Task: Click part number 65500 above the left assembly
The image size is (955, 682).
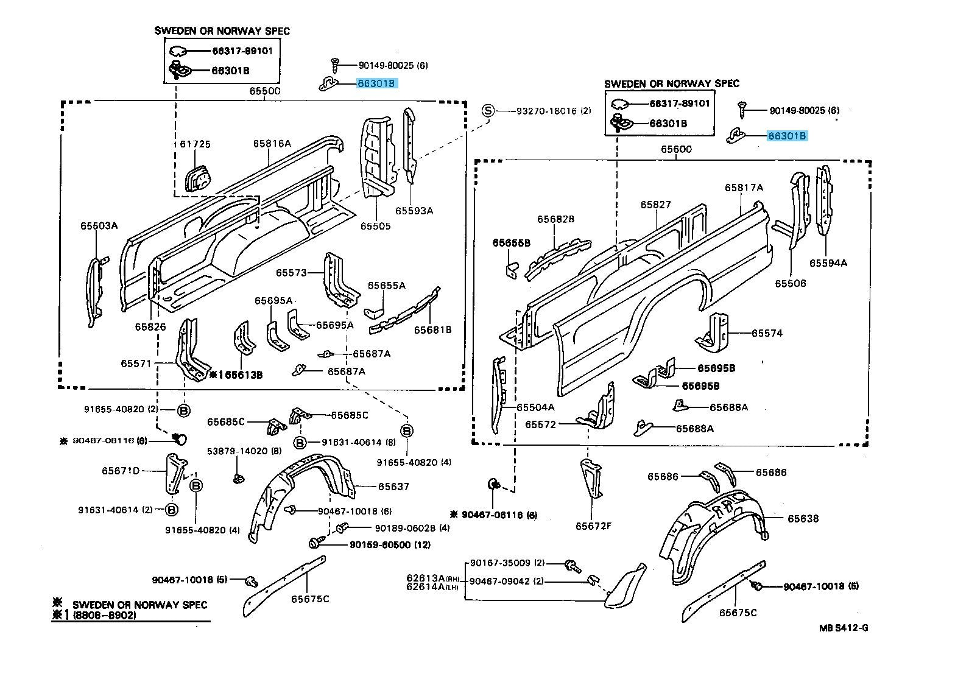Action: tap(264, 91)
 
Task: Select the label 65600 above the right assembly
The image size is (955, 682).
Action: tap(676, 149)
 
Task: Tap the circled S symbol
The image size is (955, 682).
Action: tap(488, 111)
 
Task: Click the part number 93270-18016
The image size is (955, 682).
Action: tap(546, 111)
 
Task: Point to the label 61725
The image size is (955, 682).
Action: tap(195, 144)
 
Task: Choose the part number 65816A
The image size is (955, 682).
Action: tap(272, 144)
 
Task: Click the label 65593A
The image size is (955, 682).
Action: tap(414, 211)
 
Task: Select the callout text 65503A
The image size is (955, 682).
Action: tap(99, 225)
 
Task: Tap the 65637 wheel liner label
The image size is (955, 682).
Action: tap(393, 487)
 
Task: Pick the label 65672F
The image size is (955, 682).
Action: tap(593, 525)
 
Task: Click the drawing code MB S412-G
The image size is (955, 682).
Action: tap(843, 627)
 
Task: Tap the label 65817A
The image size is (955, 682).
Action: tap(744, 188)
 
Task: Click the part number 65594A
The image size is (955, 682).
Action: tap(828, 263)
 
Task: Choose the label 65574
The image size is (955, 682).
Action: tap(767, 333)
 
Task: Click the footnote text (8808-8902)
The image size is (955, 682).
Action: tap(104, 616)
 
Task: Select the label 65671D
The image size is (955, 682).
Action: tap(121, 470)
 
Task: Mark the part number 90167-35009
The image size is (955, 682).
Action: tap(500, 563)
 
